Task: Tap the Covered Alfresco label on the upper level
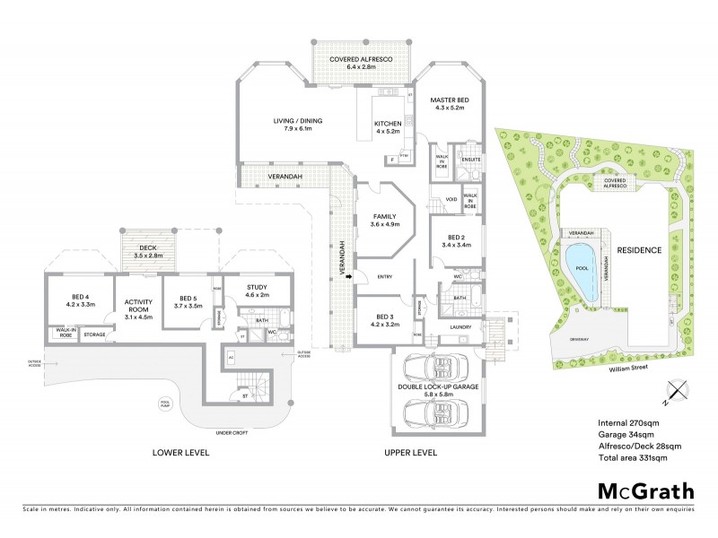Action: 358,62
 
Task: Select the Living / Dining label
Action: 298,125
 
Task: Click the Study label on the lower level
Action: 258,291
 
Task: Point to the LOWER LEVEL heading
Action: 181,454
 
